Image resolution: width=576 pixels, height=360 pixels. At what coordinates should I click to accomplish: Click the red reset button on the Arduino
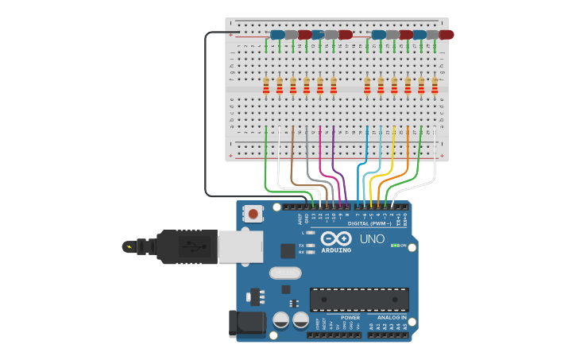(x=253, y=213)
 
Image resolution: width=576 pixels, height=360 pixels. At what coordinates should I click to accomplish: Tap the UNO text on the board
(x=372, y=238)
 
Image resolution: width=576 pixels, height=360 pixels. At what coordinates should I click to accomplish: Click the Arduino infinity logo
(x=336, y=238)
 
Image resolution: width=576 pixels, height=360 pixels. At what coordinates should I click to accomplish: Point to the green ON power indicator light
(x=395, y=245)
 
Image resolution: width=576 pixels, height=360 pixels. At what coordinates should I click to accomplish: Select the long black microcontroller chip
(x=359, y=299)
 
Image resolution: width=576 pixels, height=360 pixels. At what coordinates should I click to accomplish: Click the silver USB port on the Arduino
(x=240, y=246)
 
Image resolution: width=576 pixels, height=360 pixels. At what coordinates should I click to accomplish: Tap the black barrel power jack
(x=246, y=323)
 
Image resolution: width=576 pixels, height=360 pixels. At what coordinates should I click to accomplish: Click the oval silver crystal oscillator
(x=285, y=273)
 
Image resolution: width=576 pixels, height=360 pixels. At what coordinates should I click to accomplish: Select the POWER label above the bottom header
(x=350, y=317)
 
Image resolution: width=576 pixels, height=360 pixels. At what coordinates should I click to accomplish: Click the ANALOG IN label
(x=392, y=317)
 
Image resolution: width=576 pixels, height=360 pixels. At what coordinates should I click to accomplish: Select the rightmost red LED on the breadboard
(x=446, y=35)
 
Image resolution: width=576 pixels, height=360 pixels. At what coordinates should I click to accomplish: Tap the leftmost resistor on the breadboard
(x=266, y=86)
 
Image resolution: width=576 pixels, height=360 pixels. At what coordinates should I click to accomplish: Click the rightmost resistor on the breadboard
(x=435, y=86)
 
